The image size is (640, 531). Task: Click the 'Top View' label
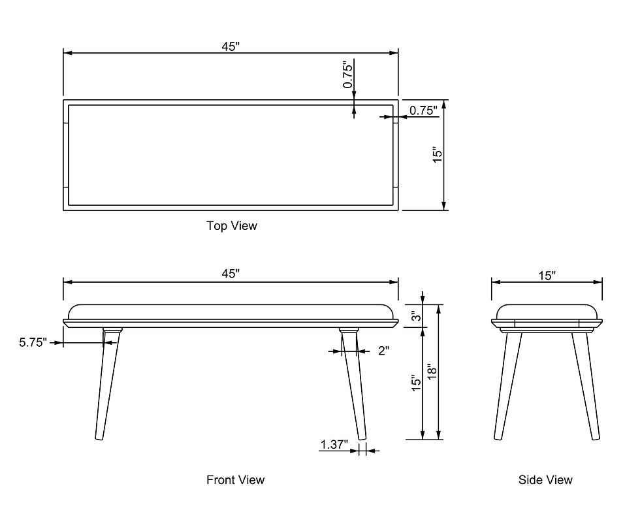(x=231, y=226)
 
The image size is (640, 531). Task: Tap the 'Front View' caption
(x=236, y=479)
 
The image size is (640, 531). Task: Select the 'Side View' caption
(x=545, y=479)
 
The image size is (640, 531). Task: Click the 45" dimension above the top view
(x=231, y=47)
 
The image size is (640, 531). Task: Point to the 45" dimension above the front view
(x=231, y=274)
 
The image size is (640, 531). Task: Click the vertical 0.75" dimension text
(x=347, y=74)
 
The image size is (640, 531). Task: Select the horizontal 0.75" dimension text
(x=423, y=110)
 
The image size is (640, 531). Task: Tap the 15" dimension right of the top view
(x=437, y=155)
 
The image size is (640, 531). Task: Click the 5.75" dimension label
(x=33, y=342)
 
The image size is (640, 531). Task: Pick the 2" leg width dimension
(x=383, y=351)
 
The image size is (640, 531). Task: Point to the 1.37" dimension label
(x=334, y=445)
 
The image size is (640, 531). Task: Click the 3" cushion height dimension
(x=416, y=316)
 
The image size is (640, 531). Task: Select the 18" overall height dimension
(x=432, y=372)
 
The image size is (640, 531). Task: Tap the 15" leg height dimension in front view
(x=416, y=383)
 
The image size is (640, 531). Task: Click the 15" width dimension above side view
(x=547, y=276)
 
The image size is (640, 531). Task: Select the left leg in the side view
(x=507, y=386)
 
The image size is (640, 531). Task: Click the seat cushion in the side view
(x=547, y=312)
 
